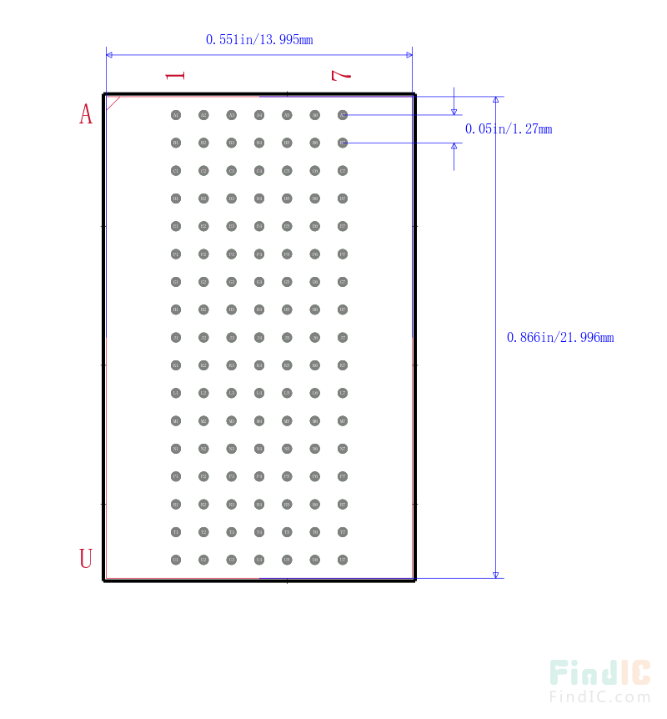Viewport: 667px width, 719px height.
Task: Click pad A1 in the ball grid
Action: coord(176,115)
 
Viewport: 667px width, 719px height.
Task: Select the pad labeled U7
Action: coord(343,560)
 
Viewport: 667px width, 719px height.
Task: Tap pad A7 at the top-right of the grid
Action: coord(343,115)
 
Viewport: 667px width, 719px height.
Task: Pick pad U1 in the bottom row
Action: coord(176,560)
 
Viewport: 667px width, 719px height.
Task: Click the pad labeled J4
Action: coord(259,337)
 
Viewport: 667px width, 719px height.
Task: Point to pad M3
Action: coord(232,420)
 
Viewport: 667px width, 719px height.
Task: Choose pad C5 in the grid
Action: coord(287,171)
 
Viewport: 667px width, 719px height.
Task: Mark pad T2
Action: coord(203,532)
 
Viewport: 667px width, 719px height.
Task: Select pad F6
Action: coord(315,254)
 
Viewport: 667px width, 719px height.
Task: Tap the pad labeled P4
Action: coord(259,476)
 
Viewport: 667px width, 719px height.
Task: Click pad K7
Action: coord(343,365)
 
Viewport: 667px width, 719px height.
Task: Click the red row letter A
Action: coord(86,114)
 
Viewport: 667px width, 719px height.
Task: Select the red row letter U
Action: coord(86,559)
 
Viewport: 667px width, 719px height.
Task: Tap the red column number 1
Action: coord(175,75)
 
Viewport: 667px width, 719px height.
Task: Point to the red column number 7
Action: coord(342,75)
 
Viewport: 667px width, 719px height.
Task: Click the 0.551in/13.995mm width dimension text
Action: coord(259,39)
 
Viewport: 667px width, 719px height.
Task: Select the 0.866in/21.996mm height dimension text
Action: coord(560,338)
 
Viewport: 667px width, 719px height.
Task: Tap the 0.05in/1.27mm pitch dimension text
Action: coord(509,129)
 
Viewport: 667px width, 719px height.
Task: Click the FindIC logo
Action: coord(599,681)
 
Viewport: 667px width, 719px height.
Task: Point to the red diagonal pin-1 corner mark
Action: coord(113,103)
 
